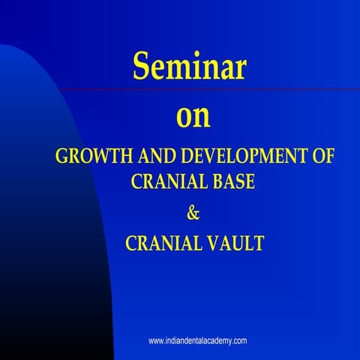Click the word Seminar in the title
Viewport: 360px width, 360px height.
[x=190, y=68]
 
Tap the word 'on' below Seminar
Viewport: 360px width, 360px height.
[x=193, y=117]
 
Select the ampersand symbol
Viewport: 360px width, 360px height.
[x=192, y=212]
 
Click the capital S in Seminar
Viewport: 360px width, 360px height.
[x=143, y=68]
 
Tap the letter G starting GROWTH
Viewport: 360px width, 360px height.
[x=61, y=158]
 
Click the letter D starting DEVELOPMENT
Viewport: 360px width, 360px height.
[x=184, y=158]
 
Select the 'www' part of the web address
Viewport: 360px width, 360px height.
[x=156, y=340]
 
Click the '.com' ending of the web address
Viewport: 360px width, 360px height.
[x=239, y=340]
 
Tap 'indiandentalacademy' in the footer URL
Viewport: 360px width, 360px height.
[x=197, y=340]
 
